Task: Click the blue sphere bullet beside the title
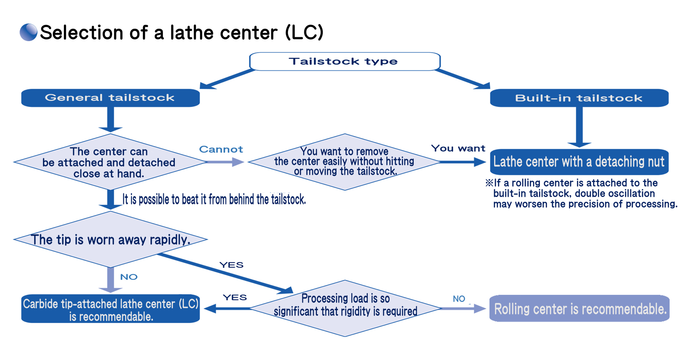tap(28, 32)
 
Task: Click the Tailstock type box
tap(345, 61)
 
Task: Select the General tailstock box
tap(110, 98)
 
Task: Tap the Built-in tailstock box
tap(579, 98)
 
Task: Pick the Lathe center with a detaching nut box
tap(579, 162)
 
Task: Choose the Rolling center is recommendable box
tap(580, 308)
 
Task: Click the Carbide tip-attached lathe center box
tap(110, 309)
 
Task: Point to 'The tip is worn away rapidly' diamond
tap(110, 239)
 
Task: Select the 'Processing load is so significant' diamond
tap(345, 308)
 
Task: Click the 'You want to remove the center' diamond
tap(345, 162)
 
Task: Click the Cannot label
tap(221, 149)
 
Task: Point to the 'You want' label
tap(458, 148)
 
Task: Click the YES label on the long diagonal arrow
tap(231, 265)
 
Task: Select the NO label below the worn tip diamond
tap(129, 277)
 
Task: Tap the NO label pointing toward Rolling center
tap(459, 299)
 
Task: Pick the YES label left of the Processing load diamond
tap(235, 298)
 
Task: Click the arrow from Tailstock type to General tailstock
tap(227, 79)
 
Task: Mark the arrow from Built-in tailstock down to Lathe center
tap(579, 127)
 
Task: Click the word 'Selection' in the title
tap(81, 32)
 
